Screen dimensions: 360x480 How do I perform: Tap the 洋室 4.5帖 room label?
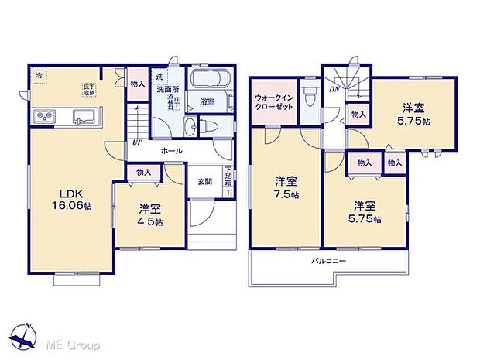coord(150,215)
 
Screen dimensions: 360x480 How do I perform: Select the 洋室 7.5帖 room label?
coord(285,187)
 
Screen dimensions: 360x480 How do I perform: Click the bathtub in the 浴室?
coord(207,82)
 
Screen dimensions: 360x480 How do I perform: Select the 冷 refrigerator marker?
coord(38,75)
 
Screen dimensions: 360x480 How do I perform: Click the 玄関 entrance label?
coord(204,182)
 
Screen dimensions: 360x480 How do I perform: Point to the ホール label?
coord(172,152)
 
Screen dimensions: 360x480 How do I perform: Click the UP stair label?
coord(136,143)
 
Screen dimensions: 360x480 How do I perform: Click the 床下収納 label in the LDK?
coord(91,91)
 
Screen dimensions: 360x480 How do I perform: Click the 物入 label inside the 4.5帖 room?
coord(143,173)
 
